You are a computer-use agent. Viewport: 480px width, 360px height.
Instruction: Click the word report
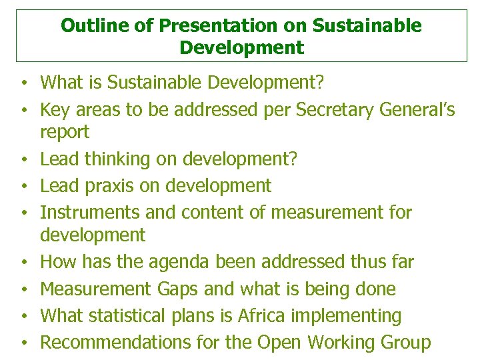tap(64, 132)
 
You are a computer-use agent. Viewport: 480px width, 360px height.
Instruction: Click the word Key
tap(54, 109)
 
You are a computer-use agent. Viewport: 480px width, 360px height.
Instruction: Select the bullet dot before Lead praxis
tap(23, 187)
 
